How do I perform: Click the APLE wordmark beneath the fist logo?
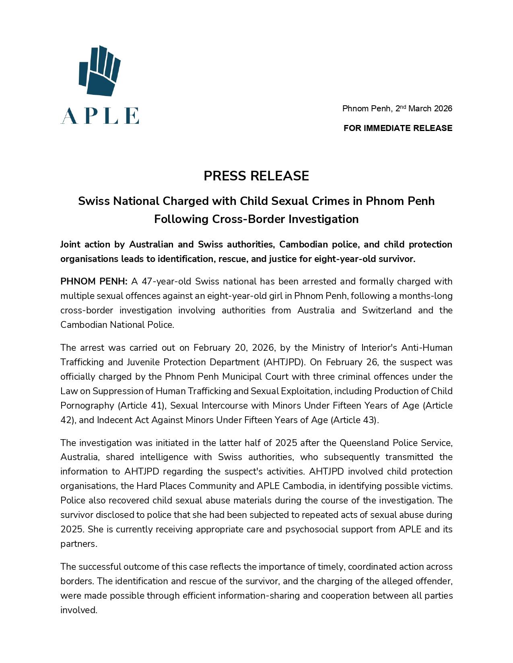tap(100, 116)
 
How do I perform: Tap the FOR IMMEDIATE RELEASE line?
tap(398, 128)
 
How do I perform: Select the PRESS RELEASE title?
tap(256, 176)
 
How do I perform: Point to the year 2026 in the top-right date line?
tap(443, 108)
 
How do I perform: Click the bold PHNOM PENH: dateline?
tap(94, 281)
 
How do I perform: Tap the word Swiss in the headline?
tap(93, 201)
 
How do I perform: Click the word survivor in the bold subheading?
tap(399, 259)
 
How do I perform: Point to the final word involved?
tap(79, 610)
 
